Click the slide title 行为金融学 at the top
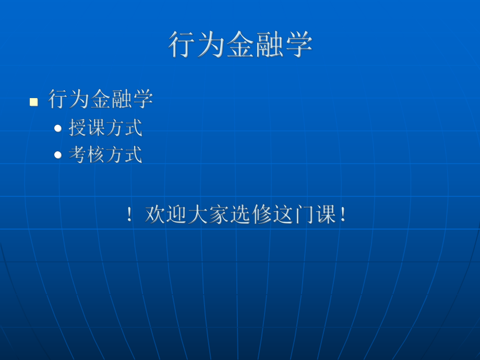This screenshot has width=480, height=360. tap(240, 44)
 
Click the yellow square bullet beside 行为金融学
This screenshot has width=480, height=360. tap(34, 101)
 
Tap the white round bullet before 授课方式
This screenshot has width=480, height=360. tap(58, 128)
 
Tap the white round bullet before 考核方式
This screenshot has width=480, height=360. tap(58, 155)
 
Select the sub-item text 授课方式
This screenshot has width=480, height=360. tap(105, 128)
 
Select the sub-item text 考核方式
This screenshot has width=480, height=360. tap(105, 155)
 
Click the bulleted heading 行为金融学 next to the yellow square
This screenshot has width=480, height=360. tap(101, 99)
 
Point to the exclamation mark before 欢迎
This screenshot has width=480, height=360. tap(129, 215)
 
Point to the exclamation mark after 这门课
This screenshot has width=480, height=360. tap(342, 215)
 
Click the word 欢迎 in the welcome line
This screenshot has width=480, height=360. tap(165, 214)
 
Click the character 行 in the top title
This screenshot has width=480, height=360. tap(182, 44)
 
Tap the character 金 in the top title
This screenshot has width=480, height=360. tap(240, 44)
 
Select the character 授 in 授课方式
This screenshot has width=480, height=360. tap(78, 128)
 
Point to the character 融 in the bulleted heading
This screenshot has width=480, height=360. tap(122, 99)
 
